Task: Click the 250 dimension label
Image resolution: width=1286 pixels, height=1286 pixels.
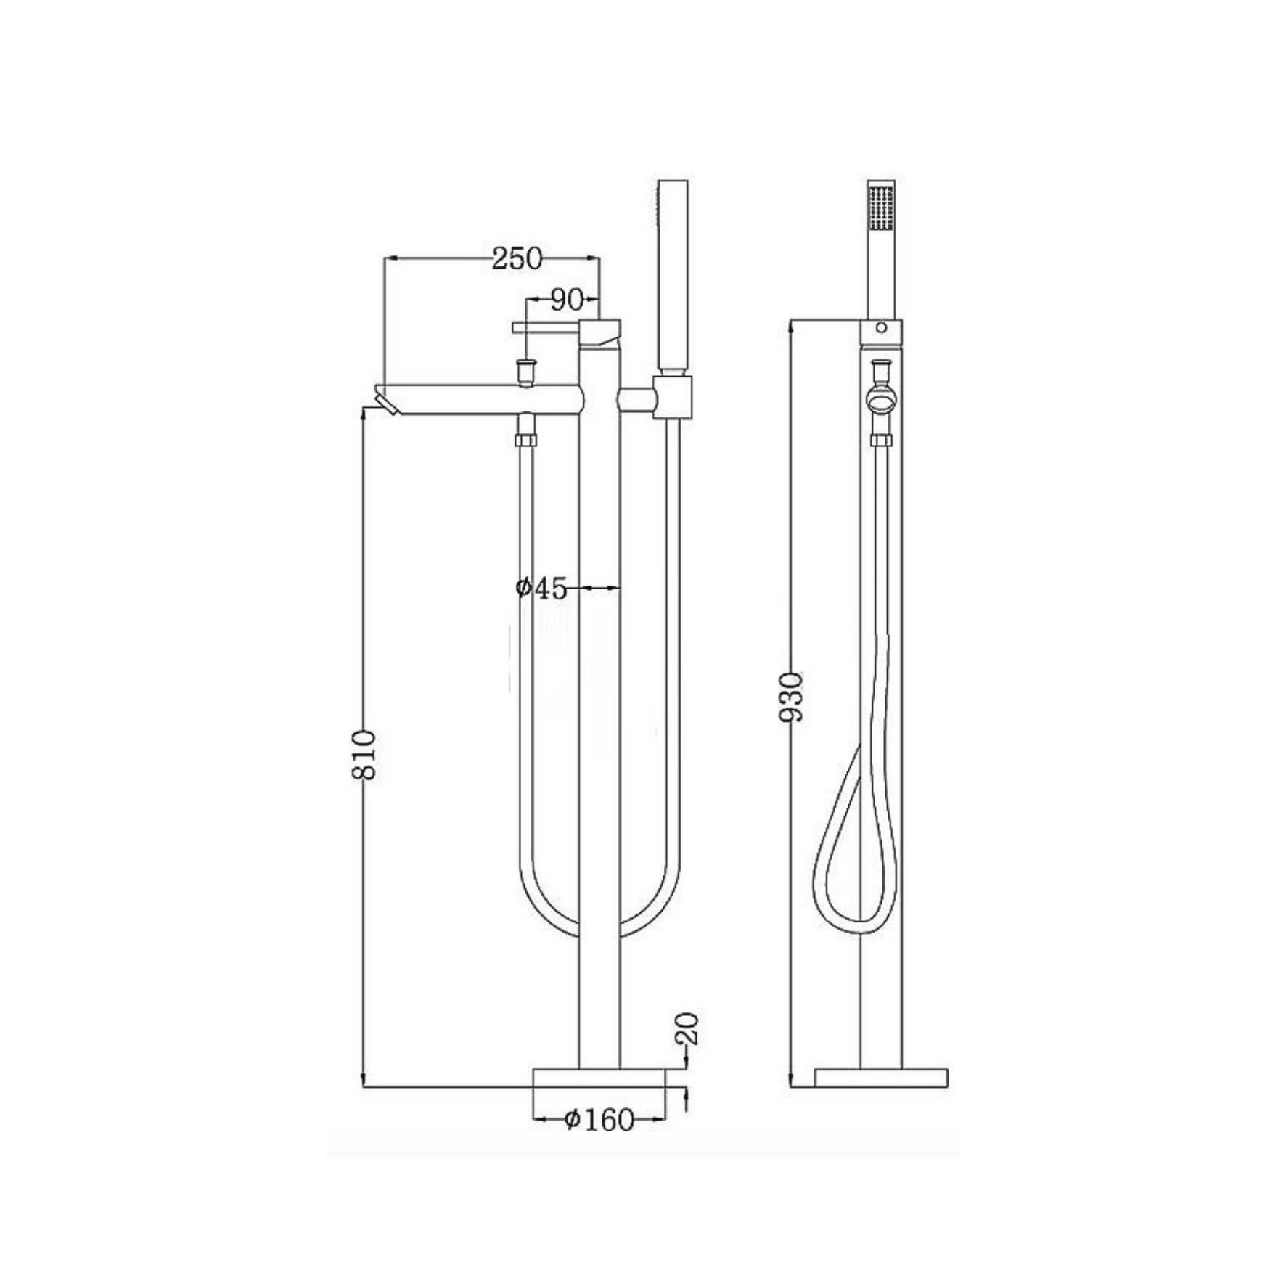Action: tap(517, 258)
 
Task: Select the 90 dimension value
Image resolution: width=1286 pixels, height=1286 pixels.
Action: tap(567, 300)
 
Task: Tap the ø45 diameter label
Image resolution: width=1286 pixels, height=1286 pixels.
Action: tap(541, 588)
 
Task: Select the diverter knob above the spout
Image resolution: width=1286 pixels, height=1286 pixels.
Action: tap(524, 371)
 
